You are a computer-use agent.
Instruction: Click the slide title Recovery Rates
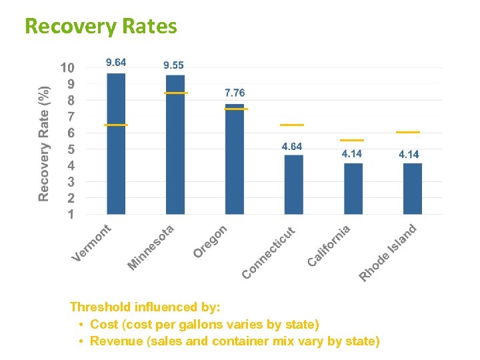coord(101,26)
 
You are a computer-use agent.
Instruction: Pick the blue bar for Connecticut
coord(293,185)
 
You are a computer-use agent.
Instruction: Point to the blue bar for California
coord(353,189)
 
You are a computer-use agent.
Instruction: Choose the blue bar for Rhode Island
coord(412,189)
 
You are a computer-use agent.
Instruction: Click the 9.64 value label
coord(116,63)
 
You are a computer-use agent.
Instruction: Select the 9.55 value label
coord(174,65)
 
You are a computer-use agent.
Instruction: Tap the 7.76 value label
coord(234,93)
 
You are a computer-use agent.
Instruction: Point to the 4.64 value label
coord(292,147)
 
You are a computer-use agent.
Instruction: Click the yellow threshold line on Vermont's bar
coord(116,125)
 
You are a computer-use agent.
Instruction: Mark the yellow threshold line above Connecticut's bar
coord(292,125)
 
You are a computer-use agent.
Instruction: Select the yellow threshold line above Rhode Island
coord(407,132)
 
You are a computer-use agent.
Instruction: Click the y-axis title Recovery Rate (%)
coord(43,143)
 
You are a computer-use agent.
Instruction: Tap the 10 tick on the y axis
coord(67,68)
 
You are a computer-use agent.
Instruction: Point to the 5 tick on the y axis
coord(71,149)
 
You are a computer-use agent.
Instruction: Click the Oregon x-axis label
coord(211,241)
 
